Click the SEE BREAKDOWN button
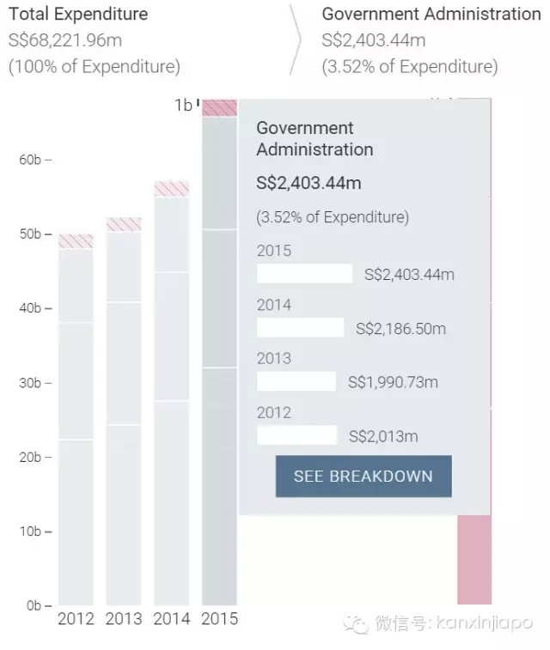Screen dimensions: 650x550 [364, 476]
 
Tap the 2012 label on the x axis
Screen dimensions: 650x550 [76, 618]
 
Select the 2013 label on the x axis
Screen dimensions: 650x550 [124, 618]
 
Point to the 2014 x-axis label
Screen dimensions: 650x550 [172, 618]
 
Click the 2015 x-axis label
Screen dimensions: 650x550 [219, 618]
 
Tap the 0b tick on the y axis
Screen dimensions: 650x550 [34, 605]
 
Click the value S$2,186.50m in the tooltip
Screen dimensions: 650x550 [401, 328]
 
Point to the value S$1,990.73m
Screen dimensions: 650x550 [393, 382]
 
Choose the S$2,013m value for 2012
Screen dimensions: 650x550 [383, 436]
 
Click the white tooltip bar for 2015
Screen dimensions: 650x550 [305, 274]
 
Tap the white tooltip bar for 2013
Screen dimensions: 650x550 [296, 381]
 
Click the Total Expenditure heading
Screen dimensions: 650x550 [78, 14]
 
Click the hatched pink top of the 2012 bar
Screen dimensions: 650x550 [76, 241]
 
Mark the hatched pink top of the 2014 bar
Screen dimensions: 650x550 [172, 188]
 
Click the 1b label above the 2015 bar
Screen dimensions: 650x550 [183, 105]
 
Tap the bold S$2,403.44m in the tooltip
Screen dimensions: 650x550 [309, 183]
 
